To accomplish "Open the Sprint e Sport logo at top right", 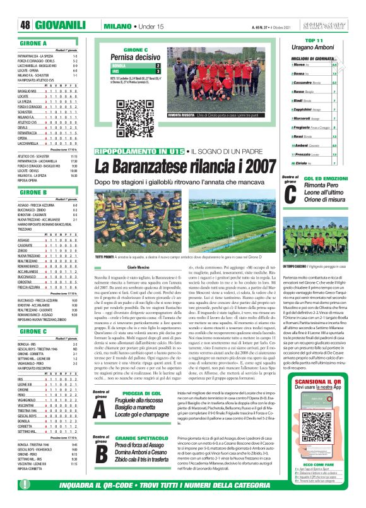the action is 340,9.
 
